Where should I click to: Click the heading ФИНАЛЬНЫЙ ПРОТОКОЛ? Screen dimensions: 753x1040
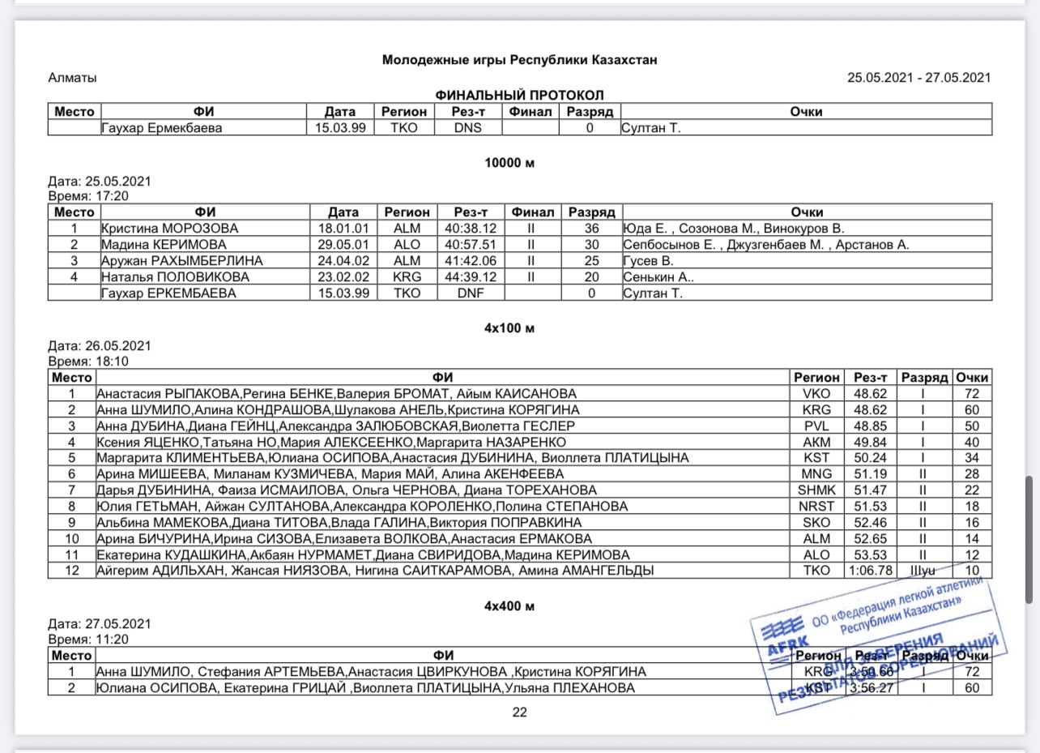(519, 95)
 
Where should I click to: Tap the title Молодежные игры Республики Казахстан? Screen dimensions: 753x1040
(519, 60)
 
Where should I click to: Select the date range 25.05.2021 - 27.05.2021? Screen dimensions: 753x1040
(919, 78)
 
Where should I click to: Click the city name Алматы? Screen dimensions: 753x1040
(73, 78)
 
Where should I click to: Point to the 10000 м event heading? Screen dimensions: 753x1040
(509, 162)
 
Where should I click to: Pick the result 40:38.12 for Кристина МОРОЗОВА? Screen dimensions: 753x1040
(470, 229)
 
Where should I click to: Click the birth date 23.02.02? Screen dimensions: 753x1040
(343, 277)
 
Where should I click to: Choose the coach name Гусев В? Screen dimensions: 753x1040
(649, 261)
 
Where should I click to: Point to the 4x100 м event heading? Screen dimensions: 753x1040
(509, 328)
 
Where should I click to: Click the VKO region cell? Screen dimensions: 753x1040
(816, 394)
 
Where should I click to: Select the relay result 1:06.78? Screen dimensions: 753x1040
(870, 571)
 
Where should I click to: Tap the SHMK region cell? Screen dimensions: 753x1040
(816, 490)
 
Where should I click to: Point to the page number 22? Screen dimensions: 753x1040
(519, 712)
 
